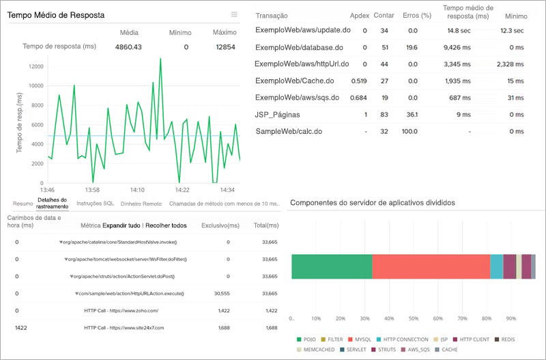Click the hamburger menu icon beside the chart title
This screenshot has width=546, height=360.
coord(234,14)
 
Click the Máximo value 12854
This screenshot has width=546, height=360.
coord(225,47)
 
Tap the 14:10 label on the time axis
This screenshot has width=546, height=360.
coord(137,190)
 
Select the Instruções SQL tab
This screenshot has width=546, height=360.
coord(95,204)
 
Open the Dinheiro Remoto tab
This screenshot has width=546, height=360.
coord(141,204)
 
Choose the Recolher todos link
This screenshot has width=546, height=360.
coord(167,225)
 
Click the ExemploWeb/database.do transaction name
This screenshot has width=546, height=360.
coord(298,48)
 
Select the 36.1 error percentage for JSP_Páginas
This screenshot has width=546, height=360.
coord(412,115)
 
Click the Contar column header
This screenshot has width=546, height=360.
coord(384,15)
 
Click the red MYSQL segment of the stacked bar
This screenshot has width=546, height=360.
coord(431,266)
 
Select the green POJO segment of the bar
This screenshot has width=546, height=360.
coord(332,266)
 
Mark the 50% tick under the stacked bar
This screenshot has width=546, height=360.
coord(414,318)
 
